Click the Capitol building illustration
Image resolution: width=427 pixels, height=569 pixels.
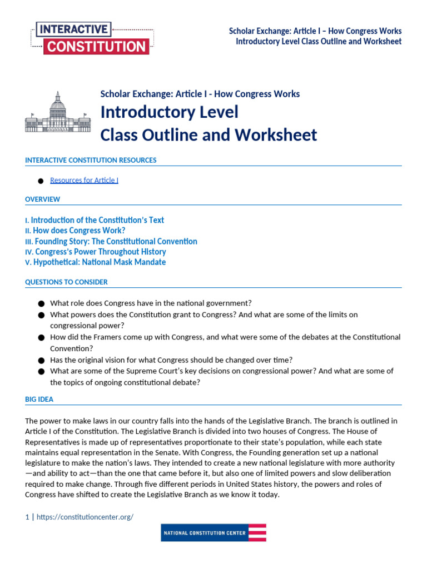[58, 112]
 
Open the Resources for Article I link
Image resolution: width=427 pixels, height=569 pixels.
[84, 180]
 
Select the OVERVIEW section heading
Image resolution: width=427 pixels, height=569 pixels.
[43, 199]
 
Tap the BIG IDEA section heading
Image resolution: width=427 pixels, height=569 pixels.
[39, 399]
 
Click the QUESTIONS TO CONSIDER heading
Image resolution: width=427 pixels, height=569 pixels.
[66, 282]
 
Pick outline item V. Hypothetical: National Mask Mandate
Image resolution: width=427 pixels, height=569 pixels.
[95, 262]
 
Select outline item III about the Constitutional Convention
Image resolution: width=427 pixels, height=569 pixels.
[111, 241]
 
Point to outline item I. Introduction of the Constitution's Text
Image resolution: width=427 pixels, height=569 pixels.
[95, 220]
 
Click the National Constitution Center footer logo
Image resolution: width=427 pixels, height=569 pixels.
[213, 532]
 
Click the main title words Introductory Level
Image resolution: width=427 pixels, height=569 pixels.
[169, 112]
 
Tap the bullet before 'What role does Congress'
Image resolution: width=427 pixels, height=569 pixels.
[41, 303]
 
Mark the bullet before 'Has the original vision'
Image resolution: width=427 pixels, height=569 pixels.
[41, 360]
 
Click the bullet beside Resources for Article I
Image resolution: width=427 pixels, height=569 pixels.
[41, 181]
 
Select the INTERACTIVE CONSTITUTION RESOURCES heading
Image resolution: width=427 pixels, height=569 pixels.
[91, 160]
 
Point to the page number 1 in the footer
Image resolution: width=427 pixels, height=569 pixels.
[27, 517]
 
